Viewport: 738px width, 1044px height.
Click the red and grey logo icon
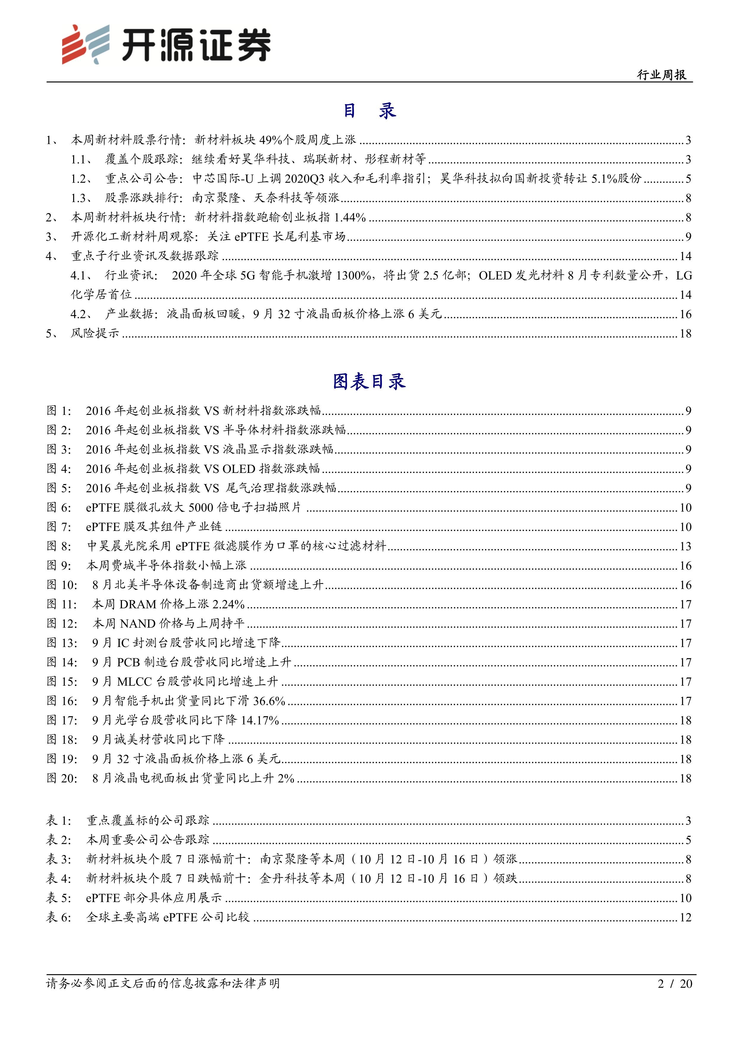pyautogui.click(x=85, y=45)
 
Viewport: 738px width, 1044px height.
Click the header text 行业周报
pyautogui.click(x=661, y=75)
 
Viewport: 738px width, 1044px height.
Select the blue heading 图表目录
pyautogui.click(x=369, y=382)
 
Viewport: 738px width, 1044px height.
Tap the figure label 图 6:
pyautogui.click(x=59, y=507)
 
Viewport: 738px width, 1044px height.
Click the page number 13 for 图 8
pyautogui.click(x=685, y=546)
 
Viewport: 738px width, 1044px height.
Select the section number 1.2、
pyautogui.click(x=82, y=179)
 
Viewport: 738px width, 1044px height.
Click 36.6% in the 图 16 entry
pyautogui.click(x=269, y=701)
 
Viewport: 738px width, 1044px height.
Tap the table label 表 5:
pyautogui.click(x=59, y=898)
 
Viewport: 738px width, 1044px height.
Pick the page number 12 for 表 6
pyautogui.click(x=685, y=917)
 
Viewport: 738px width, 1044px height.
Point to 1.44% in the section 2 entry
pyautogui.click(x=350, y=217)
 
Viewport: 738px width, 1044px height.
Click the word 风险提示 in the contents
pyautogui.click(x=95, y=333)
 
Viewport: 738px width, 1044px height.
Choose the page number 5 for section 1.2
pyautogui.click(x=688, y=179)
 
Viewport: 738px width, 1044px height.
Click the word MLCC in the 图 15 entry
pyautogui.click(x=134, y=682)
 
